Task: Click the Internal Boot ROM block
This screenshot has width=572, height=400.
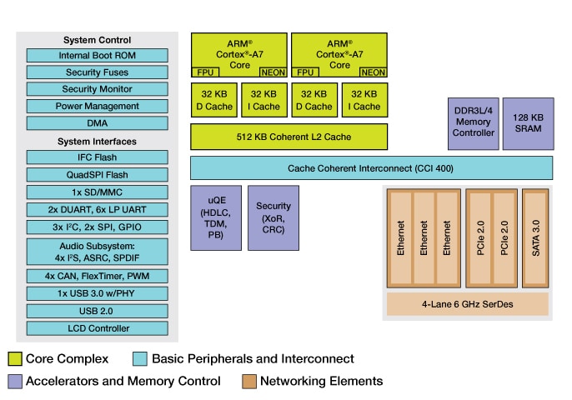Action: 98,56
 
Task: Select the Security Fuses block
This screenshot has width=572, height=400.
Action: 98,72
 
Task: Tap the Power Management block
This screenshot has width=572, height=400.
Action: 98,106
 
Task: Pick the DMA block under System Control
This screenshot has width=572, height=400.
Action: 98,122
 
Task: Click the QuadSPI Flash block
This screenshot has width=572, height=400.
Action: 98,175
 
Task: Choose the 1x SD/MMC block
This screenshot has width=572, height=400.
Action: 98,192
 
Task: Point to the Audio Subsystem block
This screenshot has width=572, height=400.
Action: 98,252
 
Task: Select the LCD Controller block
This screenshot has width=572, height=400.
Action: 98,328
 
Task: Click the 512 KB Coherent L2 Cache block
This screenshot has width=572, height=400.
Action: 289,137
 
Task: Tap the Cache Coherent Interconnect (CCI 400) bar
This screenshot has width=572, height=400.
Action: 371,167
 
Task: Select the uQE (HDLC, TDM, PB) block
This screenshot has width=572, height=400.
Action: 216,217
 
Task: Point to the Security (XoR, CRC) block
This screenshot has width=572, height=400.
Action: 273,217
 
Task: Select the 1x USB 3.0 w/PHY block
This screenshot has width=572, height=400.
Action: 98,293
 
